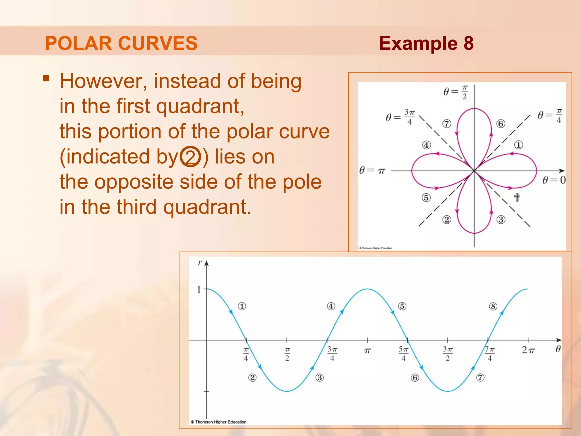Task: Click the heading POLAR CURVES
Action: [x=121, y=43]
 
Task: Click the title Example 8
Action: [x=426, y=43]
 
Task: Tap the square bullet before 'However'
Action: [x=46, y=78]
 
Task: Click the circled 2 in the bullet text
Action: [x=190, y=157]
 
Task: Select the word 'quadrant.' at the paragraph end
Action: [x=207, y=207]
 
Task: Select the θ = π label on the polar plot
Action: [x=372, y=170]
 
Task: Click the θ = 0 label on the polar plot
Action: [x=554, y=180]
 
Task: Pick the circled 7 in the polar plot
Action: [x=447, y=124]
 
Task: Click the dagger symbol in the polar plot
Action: [x=517, y=197]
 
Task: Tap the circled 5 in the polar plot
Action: [x=426, y=197]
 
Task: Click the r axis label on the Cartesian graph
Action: [x=200, y=263]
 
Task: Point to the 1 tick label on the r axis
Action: [x=199, y=290]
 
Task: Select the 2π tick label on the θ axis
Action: [x=528, y=350]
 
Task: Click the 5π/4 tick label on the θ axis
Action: [x=404, y=354]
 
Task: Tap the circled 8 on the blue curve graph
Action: [x=493, y=307]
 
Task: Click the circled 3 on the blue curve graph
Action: [x=320, y=378]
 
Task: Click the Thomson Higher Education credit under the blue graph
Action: [x=219, y=422]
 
